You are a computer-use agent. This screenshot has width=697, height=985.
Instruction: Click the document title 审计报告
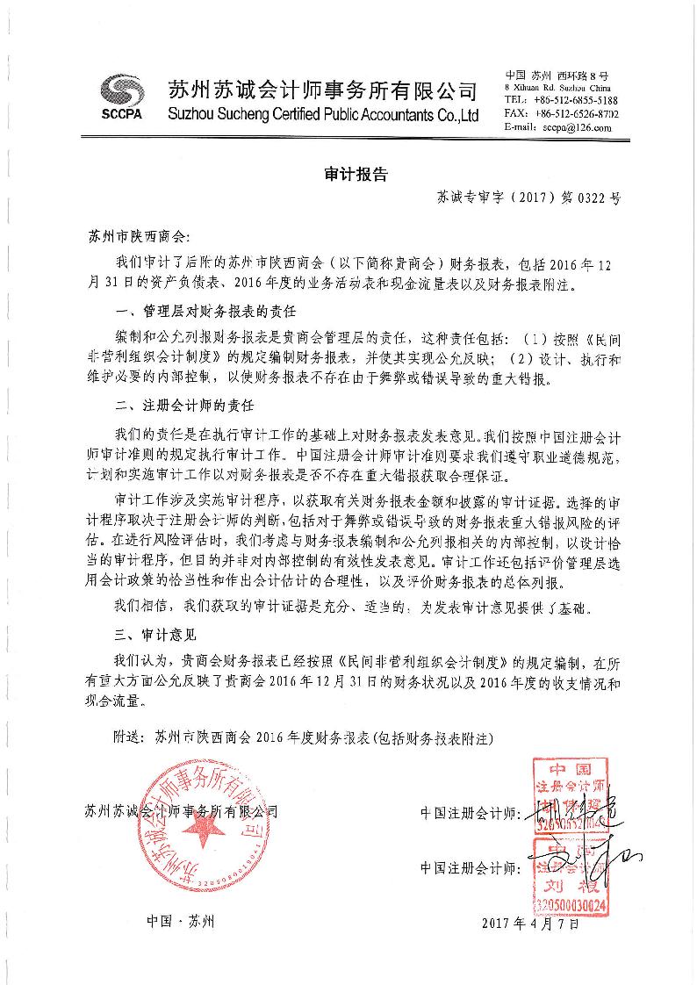[348, 174]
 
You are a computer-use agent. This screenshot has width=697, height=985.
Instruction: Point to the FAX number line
[562, 114]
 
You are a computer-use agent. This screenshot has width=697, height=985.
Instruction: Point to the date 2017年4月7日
[531, 923]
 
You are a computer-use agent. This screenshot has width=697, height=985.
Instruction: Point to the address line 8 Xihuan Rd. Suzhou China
[557, 89]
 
